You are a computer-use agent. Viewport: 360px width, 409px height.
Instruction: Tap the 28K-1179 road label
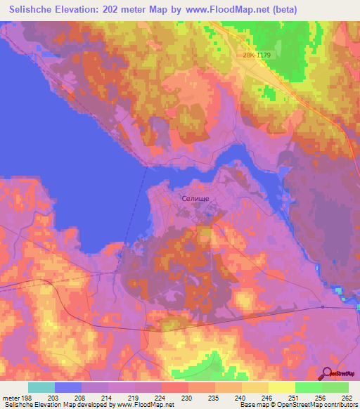257,55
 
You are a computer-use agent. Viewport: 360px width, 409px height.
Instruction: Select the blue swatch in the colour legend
68,387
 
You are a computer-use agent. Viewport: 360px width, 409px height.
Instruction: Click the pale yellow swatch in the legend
281,387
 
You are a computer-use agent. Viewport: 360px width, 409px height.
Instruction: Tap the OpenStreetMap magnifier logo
326,372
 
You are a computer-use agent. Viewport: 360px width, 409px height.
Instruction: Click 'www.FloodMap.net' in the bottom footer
144,405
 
